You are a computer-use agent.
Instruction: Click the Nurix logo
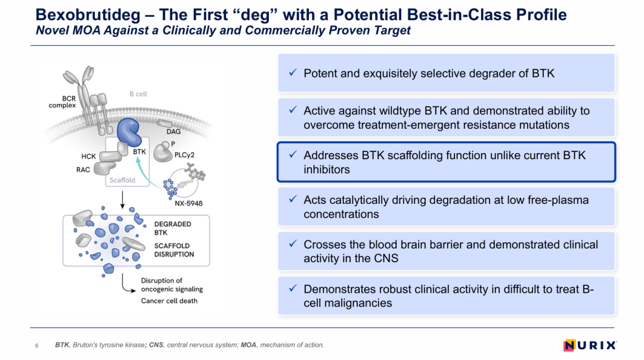click(x=590, y=345)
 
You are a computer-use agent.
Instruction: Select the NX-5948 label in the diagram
click(x=188, y=203)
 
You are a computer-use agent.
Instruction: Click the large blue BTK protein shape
click(x=129, y=132)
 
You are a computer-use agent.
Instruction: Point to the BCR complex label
click(x=62, y=102)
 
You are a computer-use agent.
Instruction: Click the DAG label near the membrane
click(x=174, y=132)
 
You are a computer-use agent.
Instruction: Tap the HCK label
click(x=88, y=156)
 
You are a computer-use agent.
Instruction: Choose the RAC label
click(x=83, y=169)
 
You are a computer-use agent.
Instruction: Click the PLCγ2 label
click(x=184, y=155)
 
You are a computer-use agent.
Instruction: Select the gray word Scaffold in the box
click(x=122, y=180)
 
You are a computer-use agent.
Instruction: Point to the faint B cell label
click(x=138, y=94)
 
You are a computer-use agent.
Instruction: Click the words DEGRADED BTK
click(x=172, y=228)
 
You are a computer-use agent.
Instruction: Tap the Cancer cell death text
click(x=169, y=301)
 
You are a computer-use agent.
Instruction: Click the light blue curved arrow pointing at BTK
click(x=144, y=172)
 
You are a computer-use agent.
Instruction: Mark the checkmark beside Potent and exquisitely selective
click(x=293, y=73)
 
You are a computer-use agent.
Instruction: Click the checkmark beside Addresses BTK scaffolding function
click(x=293, y=154)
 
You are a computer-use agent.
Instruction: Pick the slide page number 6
click(x=37, y=346)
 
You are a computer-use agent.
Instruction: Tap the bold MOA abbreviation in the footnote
click(x=248, y=345)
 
